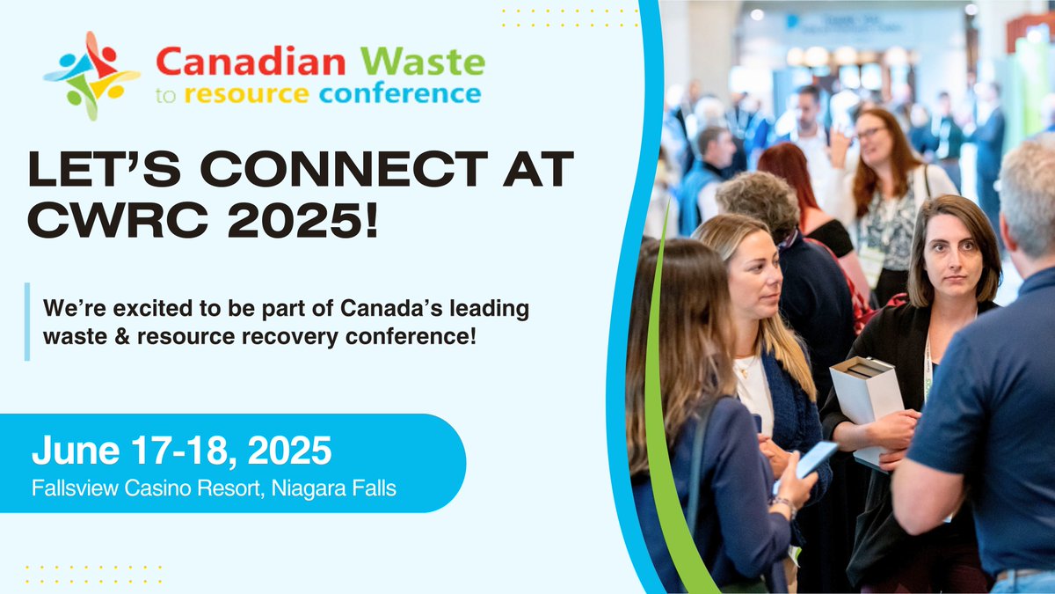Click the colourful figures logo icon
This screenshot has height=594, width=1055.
(x=91, y=76)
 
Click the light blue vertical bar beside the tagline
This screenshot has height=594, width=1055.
(x=27, y=321)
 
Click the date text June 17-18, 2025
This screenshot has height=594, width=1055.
(x=182, y=451)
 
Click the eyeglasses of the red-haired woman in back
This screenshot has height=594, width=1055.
(x=870, y=135)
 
